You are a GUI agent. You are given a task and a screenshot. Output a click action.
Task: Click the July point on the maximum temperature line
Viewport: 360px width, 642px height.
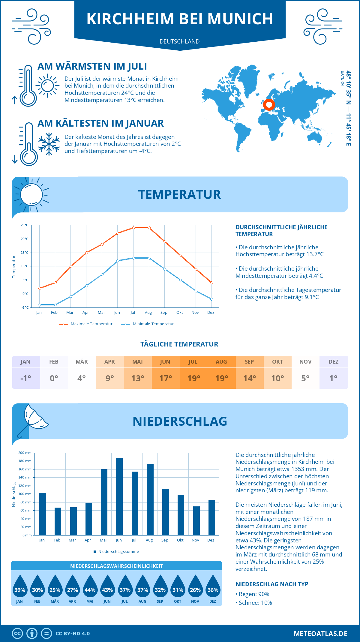[133, 228]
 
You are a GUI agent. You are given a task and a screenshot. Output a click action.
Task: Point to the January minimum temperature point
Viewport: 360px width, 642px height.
[40, 305]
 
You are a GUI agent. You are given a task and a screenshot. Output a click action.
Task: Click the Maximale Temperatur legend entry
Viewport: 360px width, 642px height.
[86, 324]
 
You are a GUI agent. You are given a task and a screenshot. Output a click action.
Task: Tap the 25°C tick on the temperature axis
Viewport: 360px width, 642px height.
[25, 225]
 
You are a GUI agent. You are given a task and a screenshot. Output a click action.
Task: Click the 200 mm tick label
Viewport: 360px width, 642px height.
[25, 453]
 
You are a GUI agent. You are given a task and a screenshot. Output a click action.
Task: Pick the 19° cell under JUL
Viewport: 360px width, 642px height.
[193, 378]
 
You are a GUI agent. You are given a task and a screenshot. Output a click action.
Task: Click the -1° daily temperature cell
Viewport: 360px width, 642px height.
[26, 378]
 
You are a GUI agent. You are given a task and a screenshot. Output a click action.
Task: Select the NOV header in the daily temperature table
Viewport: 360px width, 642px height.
[305, 362]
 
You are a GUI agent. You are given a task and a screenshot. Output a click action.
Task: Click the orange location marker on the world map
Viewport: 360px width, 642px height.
[269, 105]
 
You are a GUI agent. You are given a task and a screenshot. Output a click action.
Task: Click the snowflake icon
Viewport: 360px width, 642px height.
[49, 144]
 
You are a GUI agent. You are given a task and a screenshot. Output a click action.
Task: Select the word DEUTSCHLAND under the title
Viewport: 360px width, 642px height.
[180, 41]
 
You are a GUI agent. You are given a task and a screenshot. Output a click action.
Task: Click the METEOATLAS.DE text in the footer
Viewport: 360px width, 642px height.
[320, 634]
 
